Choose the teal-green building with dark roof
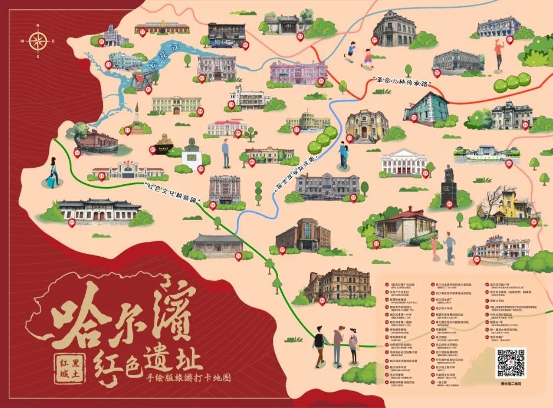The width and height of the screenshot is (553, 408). click(x=426, y=107)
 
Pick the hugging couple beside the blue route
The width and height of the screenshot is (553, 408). click(x=344, y=154)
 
